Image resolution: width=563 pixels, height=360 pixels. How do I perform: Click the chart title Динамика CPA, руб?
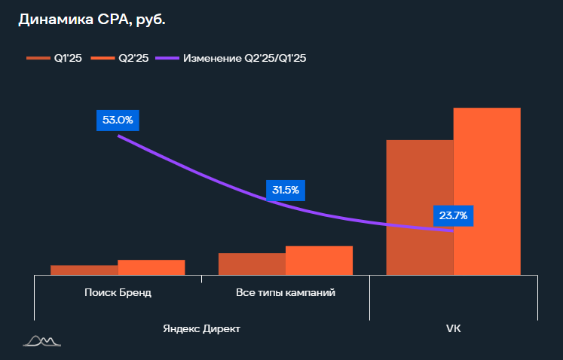coord(91,20)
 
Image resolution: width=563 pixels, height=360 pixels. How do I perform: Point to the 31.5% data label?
coord(285,190)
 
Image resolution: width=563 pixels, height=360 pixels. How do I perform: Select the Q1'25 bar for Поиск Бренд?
coord(84,270)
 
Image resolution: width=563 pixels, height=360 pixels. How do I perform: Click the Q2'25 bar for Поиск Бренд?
coord(151,267)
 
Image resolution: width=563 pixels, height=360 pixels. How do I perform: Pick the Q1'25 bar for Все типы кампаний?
coord(252,264)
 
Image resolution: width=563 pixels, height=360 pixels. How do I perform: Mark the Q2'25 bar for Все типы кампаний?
coord(319,260)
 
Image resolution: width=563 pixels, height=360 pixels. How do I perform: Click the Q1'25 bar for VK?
coord(419,207)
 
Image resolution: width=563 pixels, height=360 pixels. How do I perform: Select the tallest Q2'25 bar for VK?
coord(487,191)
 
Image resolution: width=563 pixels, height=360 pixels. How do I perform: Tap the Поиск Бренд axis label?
coord(118,292)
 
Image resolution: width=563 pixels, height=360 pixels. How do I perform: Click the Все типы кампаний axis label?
coord(286,292)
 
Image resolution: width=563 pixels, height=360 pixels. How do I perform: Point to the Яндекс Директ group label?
coord(202,329)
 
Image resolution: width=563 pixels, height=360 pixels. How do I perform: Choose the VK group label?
coord(453,329)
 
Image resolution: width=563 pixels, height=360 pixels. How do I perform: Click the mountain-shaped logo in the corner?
coord(42,342)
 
